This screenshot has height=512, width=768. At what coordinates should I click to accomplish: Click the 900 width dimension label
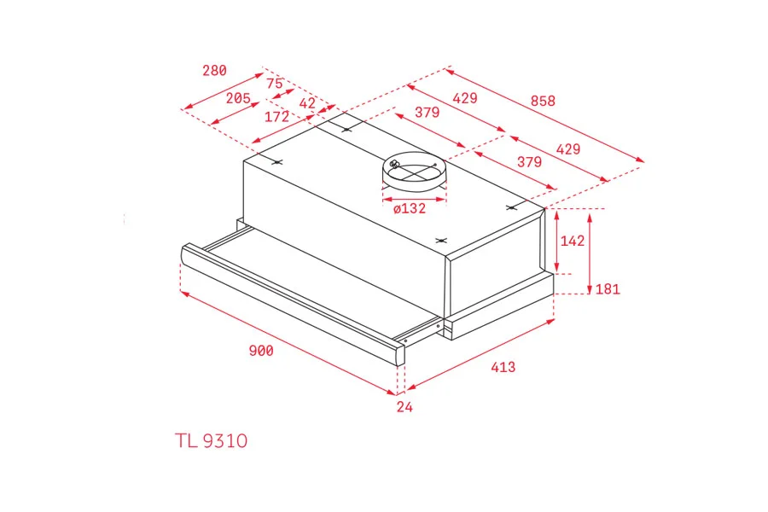pyautogui.click(x=261, y=351)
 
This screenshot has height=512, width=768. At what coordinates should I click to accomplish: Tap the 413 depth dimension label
pyautogui.click(x=503, y=367)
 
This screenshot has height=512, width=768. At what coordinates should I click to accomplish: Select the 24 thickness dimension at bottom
pyautogui.click(x=404, y=407)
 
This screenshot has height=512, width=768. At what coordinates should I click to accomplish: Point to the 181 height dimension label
pyautogui.click(x=608, y=289)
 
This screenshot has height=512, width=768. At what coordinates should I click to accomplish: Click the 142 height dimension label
pyautogui.click(x=573, y=241)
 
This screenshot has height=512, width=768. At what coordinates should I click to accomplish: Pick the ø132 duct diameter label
pyautogui.click(x=410, y=209)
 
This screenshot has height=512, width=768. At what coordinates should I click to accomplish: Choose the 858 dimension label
pyautogui.click(x=543, y=101)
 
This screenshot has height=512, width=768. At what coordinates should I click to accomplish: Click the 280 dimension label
pyautogui.click(x=214, y=71)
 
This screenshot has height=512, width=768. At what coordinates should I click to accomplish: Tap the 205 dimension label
pyautogui.click(x=238, y=98)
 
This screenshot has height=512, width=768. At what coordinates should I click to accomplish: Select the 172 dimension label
pyautogui.click(x=276, y=117)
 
